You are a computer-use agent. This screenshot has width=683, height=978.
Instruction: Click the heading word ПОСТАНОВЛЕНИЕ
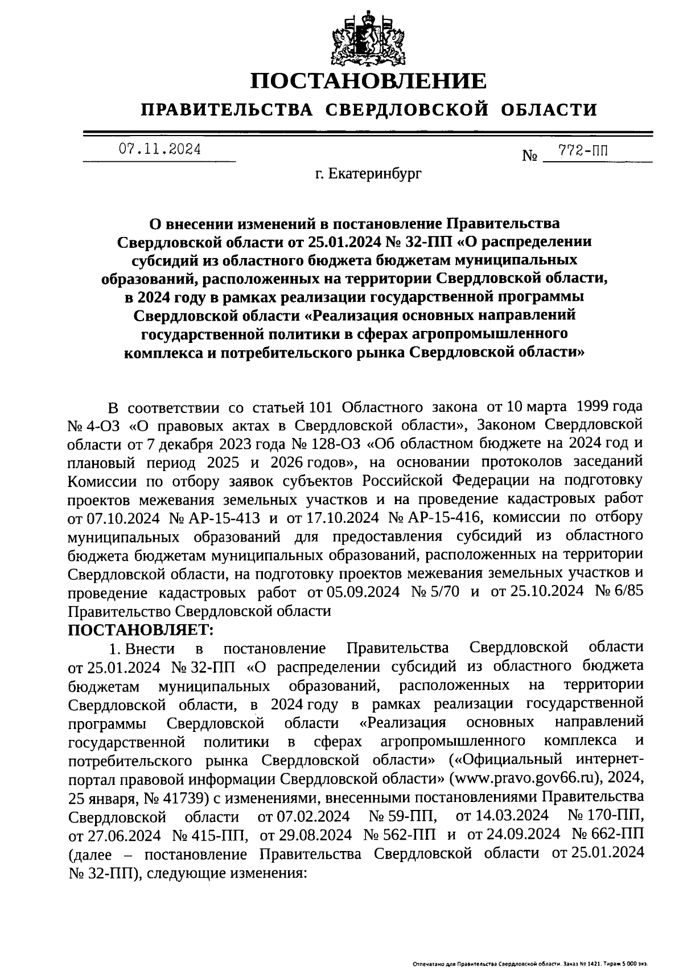(x=369, y=81)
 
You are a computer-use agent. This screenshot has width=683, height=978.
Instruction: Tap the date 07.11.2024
(x=159, y=150)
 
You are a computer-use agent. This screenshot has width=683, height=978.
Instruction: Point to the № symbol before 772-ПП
(x=529, y=156)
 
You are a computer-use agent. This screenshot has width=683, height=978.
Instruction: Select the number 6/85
(x=630, y=592)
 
